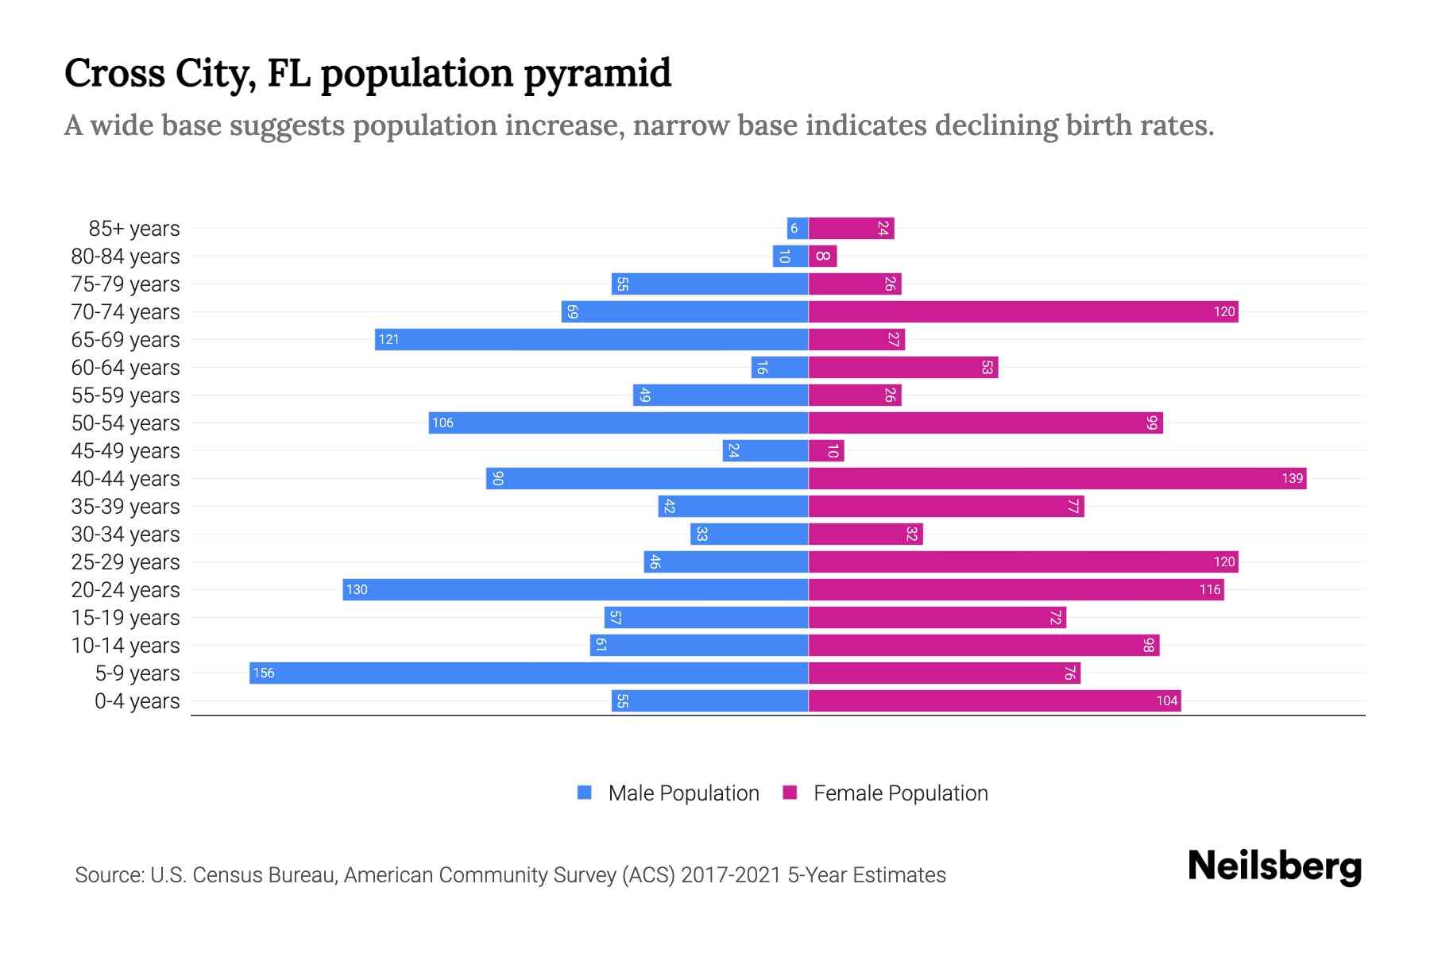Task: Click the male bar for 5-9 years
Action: point(528,673)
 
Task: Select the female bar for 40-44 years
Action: point(1057,478)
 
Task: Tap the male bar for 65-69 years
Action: point(592,339)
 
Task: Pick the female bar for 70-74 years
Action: point(1023,311)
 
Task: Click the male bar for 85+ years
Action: point(798,228)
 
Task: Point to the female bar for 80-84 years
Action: point(822,256)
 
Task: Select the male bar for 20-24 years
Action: point(576,589)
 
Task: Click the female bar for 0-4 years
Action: point(995,700)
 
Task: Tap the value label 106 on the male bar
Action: point(443,422)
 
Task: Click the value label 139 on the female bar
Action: point(1292,478)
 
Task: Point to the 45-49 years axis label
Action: point(126,450)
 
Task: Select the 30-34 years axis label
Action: point(126,534)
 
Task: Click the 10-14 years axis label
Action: point(126,645)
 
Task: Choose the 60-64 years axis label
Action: point(126,367)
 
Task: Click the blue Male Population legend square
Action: point(585,793)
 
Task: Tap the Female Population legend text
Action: point(900,793)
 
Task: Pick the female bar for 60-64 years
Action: point(903,367)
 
